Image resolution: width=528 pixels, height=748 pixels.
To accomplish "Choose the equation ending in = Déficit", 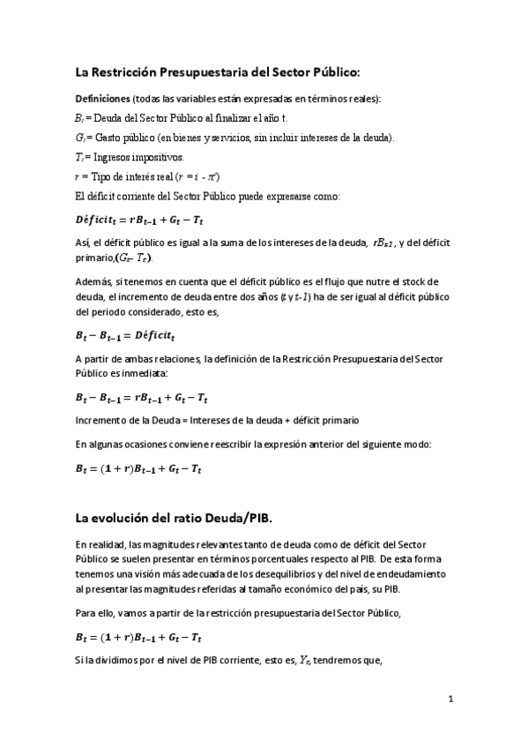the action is pyautogui.click(x=138, y=335).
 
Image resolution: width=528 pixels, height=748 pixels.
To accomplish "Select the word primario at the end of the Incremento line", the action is pyautogui.click(x=335, y=420).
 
